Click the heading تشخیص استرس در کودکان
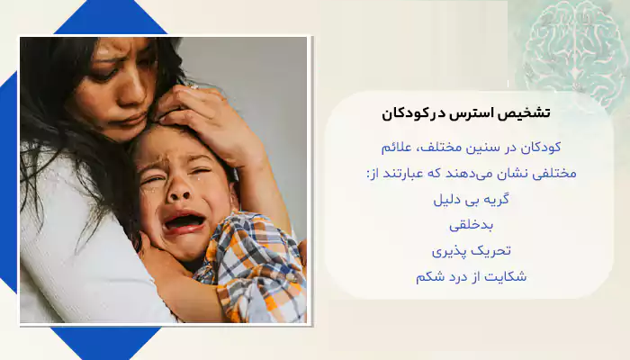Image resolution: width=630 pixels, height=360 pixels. coord(466,113)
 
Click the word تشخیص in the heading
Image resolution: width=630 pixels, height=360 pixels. coord(527,113)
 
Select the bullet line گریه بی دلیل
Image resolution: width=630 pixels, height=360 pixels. coord(471,199)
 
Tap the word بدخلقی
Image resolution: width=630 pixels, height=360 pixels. coord(471,225)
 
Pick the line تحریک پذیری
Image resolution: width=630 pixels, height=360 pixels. coord(472,251)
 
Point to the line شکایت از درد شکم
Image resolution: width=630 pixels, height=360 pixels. coord(471,277)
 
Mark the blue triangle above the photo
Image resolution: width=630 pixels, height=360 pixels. coord(110,18)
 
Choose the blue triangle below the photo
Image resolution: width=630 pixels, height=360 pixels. coord(105,341)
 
